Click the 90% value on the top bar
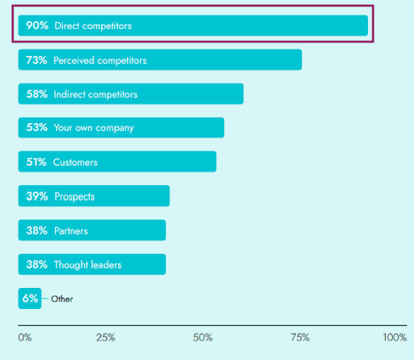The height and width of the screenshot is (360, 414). [37, 26]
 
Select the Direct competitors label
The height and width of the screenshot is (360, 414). [93, 26]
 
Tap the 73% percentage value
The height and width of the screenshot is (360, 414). [37, 60]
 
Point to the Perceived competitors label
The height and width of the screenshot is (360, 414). [100, 60]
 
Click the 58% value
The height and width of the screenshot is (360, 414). [37, 94]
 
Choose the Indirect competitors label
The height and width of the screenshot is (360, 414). [95, 94]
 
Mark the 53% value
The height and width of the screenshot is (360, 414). [37, 128]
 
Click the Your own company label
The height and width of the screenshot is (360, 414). [94, 128]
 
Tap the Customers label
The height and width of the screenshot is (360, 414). [75, 162]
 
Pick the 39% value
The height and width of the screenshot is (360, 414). [37, 197]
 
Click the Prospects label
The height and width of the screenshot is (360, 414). [74, 197]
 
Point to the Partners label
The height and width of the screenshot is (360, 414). [71, 231]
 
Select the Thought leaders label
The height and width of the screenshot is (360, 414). [88, 265]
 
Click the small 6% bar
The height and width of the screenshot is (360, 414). [30, 299]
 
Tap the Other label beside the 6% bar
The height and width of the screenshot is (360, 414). [62, 299]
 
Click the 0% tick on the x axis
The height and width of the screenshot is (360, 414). [24, 337]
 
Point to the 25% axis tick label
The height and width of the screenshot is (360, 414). [105, 337]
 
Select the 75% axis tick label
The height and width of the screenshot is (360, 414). [301, 337]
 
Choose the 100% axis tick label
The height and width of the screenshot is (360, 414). [395, 337]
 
